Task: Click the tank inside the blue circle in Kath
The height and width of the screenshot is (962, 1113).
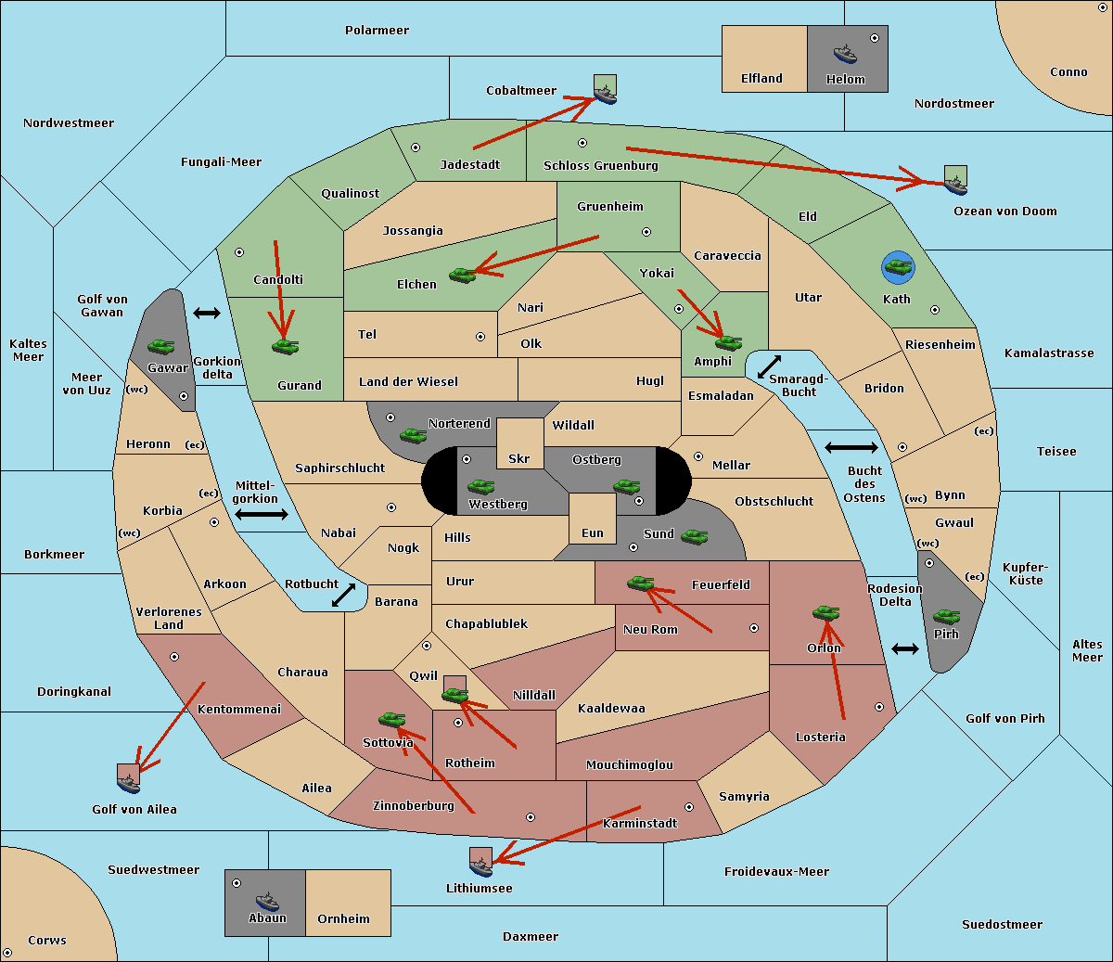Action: pos(898,266)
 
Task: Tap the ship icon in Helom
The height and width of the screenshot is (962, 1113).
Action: pos(845,54)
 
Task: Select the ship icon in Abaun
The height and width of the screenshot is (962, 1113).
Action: pos(267,902)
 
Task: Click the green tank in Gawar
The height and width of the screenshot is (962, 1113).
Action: pos(161,346)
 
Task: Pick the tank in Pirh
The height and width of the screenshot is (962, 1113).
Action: pos(946,616)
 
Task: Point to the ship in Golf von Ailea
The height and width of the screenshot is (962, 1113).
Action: pos(129,783)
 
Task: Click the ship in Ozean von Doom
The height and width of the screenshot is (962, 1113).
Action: pos(955,185)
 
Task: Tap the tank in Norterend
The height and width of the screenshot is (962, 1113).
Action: pos(413,435)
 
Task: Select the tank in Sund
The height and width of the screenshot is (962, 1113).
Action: pos(694,536)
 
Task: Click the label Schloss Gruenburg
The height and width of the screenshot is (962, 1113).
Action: pos(600,165)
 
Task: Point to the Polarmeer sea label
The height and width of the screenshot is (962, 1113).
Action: pos(377,31)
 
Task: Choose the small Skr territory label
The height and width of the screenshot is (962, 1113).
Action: pos(519,458)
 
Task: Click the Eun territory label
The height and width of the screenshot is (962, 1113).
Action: pos(593,532)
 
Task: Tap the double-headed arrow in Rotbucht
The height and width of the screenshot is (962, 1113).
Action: pos(343,596)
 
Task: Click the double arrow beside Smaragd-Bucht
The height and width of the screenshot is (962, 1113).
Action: pos(769,366)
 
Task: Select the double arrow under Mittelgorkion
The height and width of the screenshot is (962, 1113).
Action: pos(262,514)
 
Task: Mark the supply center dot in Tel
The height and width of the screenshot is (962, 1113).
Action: pos(480,337)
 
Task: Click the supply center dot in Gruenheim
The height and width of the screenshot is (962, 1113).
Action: pos(646,232)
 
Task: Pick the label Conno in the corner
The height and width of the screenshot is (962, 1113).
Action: pos(1068,72)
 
